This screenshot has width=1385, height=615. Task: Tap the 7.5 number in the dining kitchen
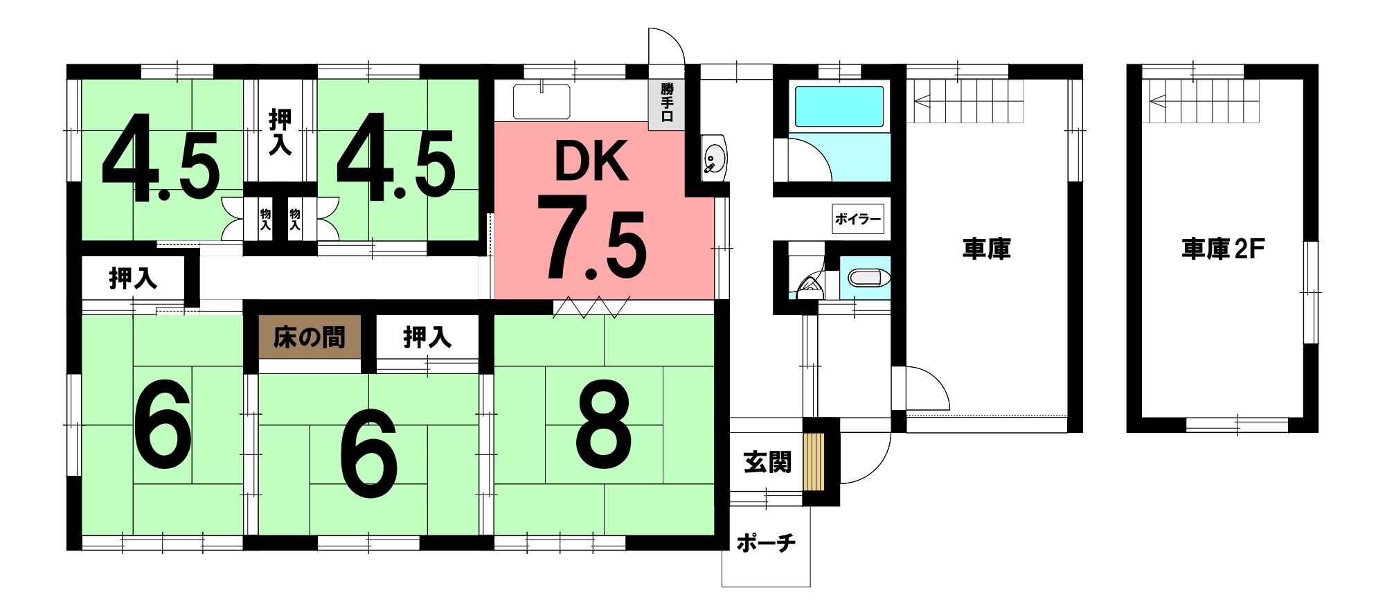[594, 238]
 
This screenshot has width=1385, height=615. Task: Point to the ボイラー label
[858, 220]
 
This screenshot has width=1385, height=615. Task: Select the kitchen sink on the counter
[542, 101]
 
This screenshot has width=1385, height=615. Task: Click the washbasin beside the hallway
[713, 158]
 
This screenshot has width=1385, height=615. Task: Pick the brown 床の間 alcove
[310, 337]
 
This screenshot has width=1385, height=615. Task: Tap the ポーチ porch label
[765, 542]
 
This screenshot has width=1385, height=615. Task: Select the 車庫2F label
[1223, 249]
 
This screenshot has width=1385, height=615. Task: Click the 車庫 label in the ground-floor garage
[987, 249]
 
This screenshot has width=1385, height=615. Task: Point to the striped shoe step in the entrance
[814, 462]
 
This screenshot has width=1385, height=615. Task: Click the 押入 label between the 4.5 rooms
[280, 132]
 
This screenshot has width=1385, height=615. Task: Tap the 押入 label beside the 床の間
[427, 337]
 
